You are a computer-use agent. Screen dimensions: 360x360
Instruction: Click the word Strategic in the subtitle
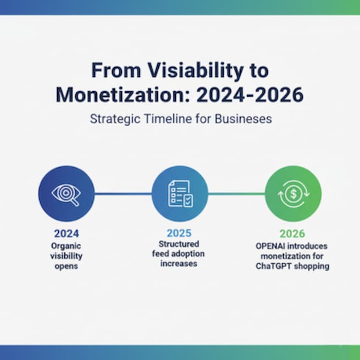tap(112, 119)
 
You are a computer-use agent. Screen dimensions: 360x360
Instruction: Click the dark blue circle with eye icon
tap(66, 193)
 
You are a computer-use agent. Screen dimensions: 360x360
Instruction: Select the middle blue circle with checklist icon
tap(180, 193)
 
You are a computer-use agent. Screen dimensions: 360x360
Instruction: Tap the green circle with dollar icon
tap(293, 193)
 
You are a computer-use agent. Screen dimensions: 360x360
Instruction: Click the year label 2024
tap(66, 233)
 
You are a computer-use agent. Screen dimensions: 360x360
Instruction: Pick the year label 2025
tap(180, 233)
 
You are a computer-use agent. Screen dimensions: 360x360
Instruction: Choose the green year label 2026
tap(293, 233)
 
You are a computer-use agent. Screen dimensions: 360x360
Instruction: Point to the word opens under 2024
tap(66, 266)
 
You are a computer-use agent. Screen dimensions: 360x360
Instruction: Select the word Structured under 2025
tap(179, 243)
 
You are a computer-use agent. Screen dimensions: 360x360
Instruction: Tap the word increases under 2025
tap(179, 263)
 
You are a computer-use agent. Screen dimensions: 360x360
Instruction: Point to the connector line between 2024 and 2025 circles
tap(123, 193)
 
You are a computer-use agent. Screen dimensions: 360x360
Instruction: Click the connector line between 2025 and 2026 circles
tap(236, 193)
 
